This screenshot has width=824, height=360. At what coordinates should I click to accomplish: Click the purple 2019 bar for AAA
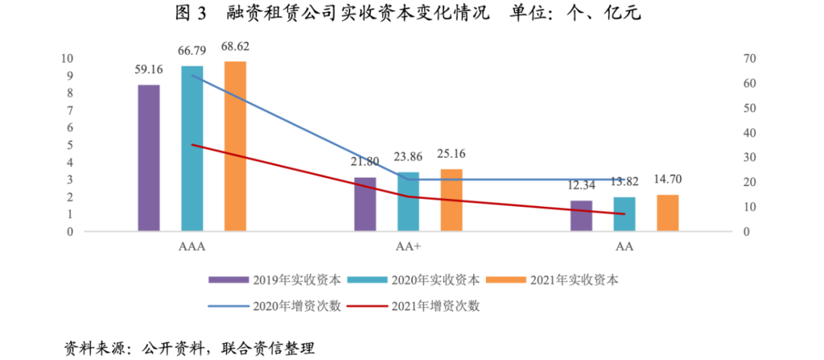coord(149,158)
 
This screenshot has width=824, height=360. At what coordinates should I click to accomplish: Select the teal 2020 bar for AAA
coord(192,149)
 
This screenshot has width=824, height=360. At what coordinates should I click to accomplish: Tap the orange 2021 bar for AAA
coord(235,146)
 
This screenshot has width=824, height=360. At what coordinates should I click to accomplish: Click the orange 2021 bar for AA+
coord(451,200)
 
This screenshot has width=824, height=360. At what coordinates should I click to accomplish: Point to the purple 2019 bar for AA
coord(581,216)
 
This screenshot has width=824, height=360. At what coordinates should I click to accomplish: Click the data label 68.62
coord(235,47)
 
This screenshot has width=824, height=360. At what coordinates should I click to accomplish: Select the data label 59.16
coord(149,69)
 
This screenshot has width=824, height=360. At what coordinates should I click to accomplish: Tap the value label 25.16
coord(451,154)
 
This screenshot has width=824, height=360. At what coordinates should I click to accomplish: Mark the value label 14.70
coord(668,180)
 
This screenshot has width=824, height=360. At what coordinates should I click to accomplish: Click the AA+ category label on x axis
coord(408,248)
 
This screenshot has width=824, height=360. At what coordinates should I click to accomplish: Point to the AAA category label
coord(192,248)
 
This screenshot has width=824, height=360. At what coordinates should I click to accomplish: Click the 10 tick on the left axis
coord(67,59)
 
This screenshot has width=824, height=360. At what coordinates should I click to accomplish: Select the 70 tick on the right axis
coord(749,59)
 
